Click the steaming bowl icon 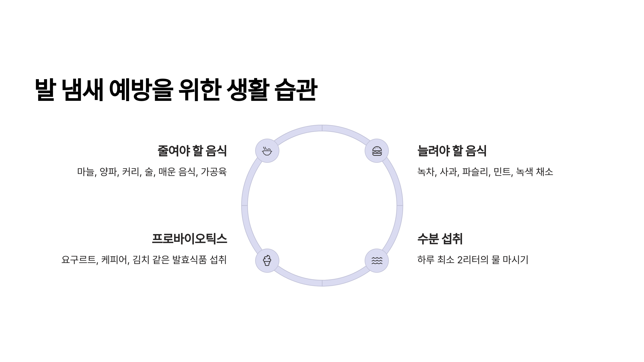pos(267,151)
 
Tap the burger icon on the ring pos(377,151)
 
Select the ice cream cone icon pos(267,261)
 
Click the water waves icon pos(377,261)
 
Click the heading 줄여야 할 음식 pos(192,151)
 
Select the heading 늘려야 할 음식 pos(452,151)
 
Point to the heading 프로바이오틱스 pos(189,239)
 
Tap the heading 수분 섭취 pos(440,239)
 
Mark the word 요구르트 pos(79,260)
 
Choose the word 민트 pos(502,172)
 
